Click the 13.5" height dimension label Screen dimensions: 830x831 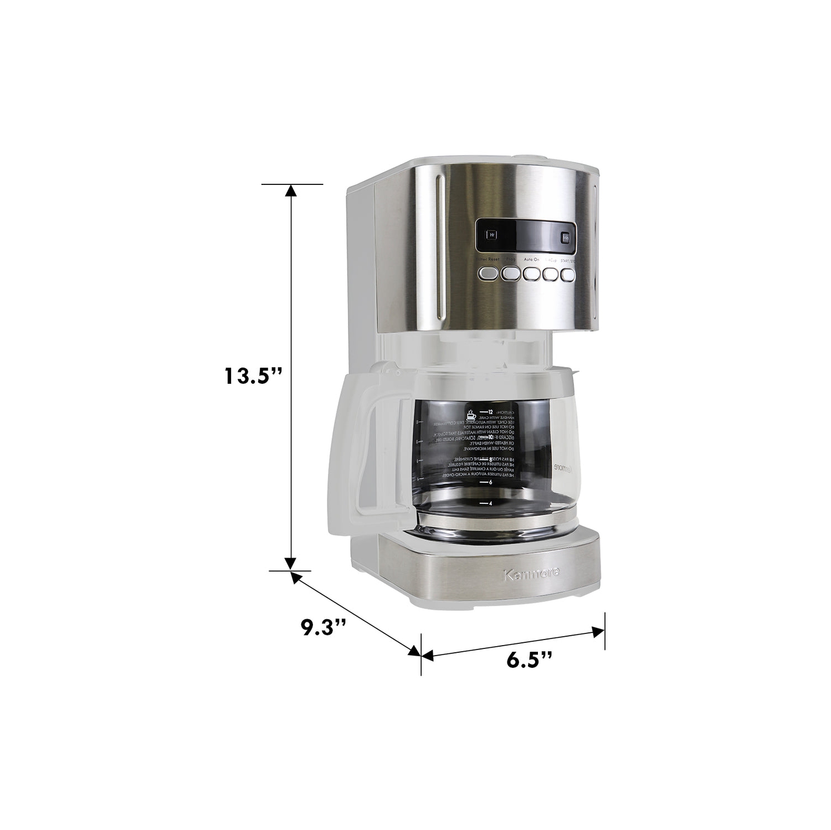point(253,376)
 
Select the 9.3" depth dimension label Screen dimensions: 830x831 point(324,628)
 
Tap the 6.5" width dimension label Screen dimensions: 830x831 point(530,659)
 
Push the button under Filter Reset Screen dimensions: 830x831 point(489,273)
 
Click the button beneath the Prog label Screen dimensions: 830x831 point(510,274)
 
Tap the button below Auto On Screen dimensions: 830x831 point(532,274)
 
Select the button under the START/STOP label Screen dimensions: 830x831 point(568,275)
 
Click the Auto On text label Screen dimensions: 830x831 point(531,259)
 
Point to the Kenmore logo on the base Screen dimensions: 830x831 point(531,574)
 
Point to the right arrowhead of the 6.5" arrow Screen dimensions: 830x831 point(598,631)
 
